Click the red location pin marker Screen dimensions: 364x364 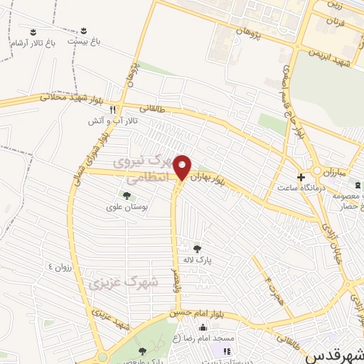point(183,166)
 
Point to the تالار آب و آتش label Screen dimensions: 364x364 point(112,122)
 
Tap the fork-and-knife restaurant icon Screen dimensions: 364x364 point(112,109)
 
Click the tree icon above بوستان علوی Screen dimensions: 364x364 point(127,195)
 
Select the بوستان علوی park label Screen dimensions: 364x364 point(127,207)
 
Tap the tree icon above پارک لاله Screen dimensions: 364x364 point(197,248)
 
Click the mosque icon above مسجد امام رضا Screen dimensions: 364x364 point(203,328)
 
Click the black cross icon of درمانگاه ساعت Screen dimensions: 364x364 point(301,176)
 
